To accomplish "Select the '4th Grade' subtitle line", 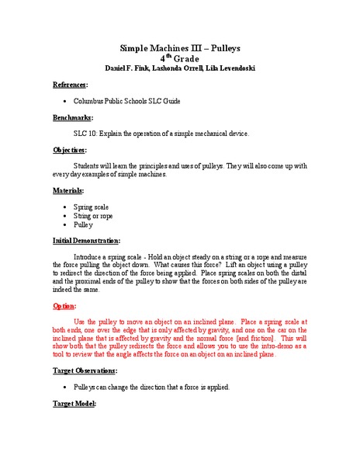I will [x=179, y=58].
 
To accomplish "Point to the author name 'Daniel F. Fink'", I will [x=135, y=68].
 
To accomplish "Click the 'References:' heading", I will [x=71, y=85].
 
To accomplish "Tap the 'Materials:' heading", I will [x=68, y=190].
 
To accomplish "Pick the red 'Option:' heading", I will [x=64, y=305].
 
